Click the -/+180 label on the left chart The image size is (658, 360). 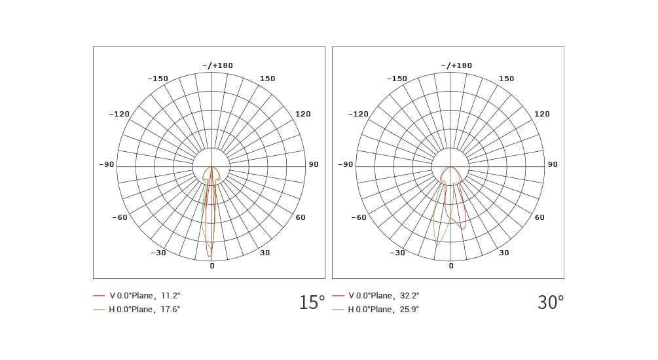pyautogui.click(x=217, y=65)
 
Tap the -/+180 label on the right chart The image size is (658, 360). pyautogui.click(x=456, y=65)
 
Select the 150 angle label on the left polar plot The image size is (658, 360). pyautogui.click(x=267, y=79)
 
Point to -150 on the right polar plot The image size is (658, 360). pyautogui.click(x=397, y=79)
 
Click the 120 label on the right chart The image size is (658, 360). pyautogui.click(x=541, y=114)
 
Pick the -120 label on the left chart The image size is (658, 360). pyautogui.click(x=119, y=114)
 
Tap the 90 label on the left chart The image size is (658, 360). pyautogui.click(x=314, y=164)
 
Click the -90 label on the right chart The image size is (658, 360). pyautogui.click(x=345, y=164)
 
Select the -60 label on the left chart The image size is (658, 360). pyautogui.click(x=120, y=217)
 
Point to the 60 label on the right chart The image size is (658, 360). pyautogui.click(x=539, y=217)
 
